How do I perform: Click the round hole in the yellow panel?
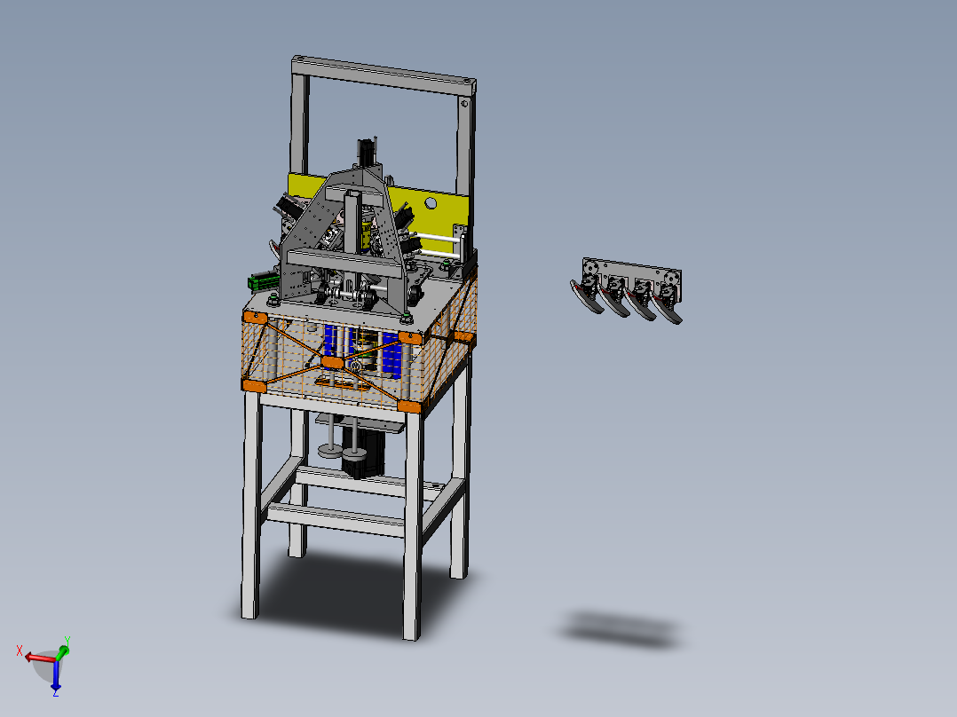tap(431, 202)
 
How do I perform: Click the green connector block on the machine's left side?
tap(265, 280)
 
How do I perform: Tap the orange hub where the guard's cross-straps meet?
tap(332, 362)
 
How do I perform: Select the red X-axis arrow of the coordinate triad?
tap(40, 658)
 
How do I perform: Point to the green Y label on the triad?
tap(67, 640)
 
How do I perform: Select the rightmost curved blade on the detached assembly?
tap(667, 310)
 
